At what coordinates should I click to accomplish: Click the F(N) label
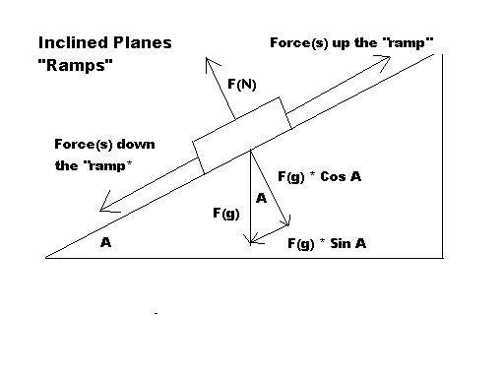pos(242,85)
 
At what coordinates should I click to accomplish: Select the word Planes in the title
pos(143,43)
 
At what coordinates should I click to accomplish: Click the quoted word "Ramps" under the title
pos(76,65)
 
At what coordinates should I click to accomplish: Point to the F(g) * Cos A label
pos(320,177)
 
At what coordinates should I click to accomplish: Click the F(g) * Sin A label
pos(327,243)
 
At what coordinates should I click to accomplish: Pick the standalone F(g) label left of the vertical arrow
pos(226,214)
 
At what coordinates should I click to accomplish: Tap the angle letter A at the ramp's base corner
pos(105,242)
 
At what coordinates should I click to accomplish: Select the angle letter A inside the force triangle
pos(261,198)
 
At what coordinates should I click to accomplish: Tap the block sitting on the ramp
pos(242,135)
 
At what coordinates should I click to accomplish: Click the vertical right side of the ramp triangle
pos(443,157)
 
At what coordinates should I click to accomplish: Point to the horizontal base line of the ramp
pos(244,258)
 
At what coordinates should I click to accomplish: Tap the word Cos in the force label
pos(333,177)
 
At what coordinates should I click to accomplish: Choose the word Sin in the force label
pos(340,243)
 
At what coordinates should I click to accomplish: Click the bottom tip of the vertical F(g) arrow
pos(250,243)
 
